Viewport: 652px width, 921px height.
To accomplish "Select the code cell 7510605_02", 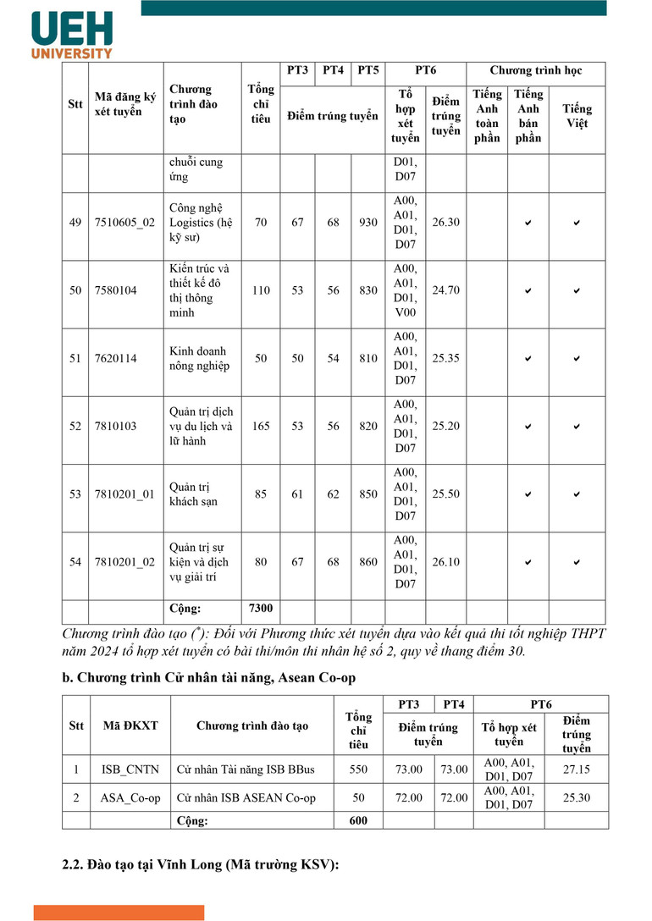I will point(125,222).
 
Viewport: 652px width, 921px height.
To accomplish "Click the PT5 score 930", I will point(368,222).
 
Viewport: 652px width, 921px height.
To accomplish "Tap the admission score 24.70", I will point(446,290).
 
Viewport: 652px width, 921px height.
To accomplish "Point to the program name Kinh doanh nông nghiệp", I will point(199,358).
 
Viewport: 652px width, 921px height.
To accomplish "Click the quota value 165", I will point(261,426).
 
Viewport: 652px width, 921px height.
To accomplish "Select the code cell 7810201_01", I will point(125,494).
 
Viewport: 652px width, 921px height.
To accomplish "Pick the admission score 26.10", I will point(446,562).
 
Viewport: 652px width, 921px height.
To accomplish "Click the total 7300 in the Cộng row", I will point(261,609).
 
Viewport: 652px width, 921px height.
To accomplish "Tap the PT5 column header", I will point(368,70).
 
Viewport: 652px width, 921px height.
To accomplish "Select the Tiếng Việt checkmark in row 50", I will point(577,290).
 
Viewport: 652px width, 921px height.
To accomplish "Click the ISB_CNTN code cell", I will point(130,769).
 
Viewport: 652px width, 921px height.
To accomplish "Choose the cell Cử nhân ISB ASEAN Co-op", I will point(246,797).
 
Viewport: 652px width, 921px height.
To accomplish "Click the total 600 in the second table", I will point(359,820).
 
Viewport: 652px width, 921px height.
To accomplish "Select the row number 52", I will point(76,426).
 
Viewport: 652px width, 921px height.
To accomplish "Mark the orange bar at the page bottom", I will point(119,913).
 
